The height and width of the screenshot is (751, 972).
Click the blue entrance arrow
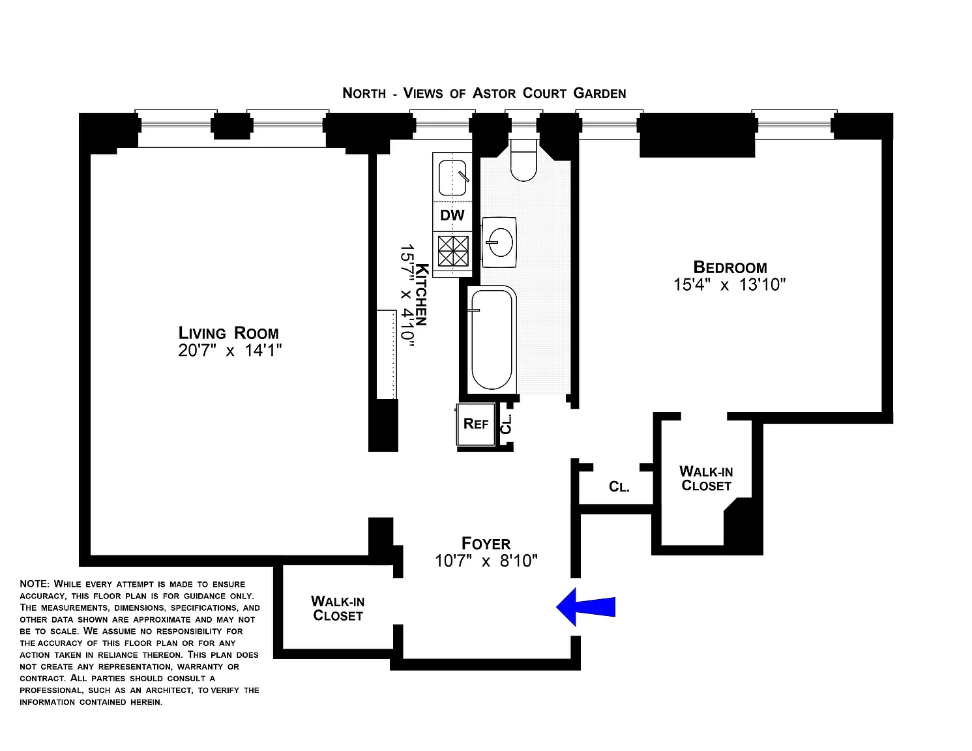tap(585, 607)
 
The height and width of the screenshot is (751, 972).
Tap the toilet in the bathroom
tap(523, 160)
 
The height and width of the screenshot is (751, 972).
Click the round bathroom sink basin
tap(501, 243)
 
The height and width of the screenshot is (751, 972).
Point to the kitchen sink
tap(452, 178)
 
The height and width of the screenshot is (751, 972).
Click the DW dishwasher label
tap(452, 215)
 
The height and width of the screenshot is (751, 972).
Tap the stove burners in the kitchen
tap(453, 251)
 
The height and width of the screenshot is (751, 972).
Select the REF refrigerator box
tap(476, 424)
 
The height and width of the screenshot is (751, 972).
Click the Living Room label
tap(229, 332)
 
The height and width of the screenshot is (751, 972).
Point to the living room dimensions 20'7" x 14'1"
tap(230, 350)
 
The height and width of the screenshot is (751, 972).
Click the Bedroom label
tap(730, 267)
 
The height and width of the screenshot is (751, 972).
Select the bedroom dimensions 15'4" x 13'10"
tap(729, 284)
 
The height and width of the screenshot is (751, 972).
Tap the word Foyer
tap(486, 544)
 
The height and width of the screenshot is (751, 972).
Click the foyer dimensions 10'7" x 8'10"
tap(486, 561)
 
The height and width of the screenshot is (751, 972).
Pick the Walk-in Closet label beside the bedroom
tap(706, 478)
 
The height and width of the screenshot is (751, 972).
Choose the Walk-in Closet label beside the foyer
tap(338, 608)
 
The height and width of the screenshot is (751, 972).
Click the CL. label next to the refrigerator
tap(505, 424)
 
